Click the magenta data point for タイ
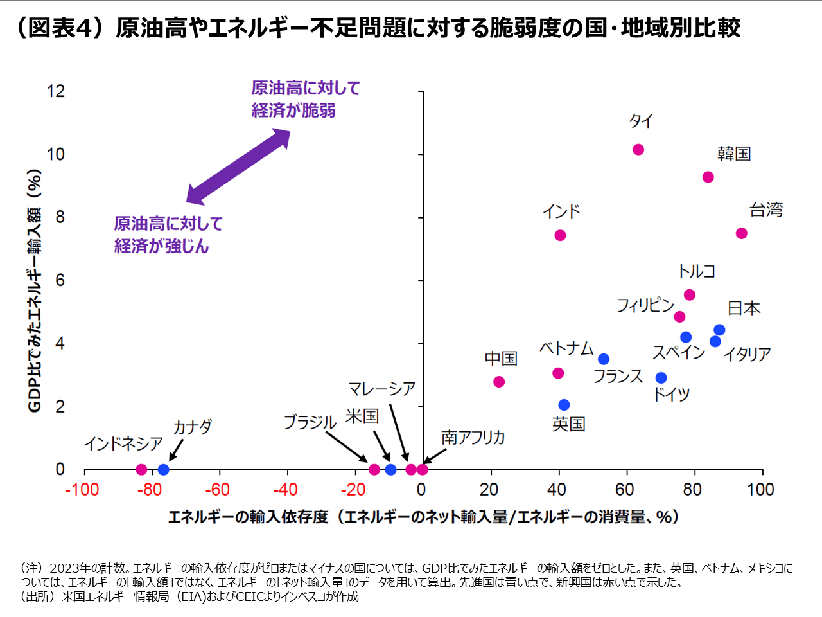coord(638,150)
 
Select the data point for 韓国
coord(708,177)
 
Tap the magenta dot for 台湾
coord(741,233)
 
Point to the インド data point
coord(560,236)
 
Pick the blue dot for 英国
coord(564,405)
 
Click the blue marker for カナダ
coord(163,470)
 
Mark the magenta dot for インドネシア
coord(141,470)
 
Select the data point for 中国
coord(499,382)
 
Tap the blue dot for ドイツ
coord(661,378)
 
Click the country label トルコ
coord(696,272)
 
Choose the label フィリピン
coord(645,305)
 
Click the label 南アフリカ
coord(473,438)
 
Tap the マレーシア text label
coord(381,389)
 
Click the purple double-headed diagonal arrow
coord(238,166)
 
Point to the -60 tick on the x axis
coord(218,490)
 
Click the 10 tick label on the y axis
coord(56,154)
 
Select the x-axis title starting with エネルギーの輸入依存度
coord(424,517)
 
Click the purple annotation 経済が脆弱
coord(293,111)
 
